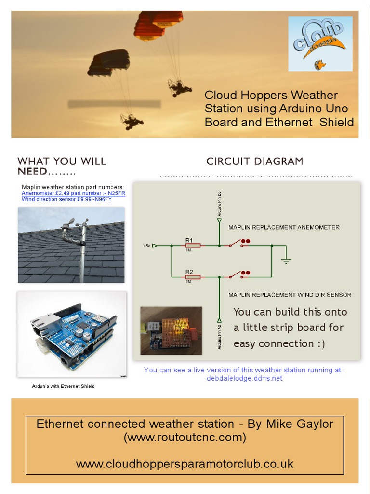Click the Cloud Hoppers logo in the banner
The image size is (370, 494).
coord(320,43)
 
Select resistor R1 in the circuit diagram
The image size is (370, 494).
coord(193,245)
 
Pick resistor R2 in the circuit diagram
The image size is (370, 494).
coord(193,277)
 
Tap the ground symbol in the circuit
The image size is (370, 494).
coord(286,261)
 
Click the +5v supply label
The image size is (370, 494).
coord(146,246)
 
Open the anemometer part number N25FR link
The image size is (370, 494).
coord(73,193)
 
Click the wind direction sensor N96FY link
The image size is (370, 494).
coord(66,199)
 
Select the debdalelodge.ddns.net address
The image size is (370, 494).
coord(244,378)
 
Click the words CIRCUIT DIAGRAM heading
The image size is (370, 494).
coord(255,161)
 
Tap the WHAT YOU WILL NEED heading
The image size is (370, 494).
coord(62,166)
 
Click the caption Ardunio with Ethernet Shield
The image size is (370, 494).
coord(63,386)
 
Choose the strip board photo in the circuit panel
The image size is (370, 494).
coord(171,330)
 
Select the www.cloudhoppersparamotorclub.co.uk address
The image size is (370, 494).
coord(185,464)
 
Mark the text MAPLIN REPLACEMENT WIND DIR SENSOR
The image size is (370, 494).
coord(290,294)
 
